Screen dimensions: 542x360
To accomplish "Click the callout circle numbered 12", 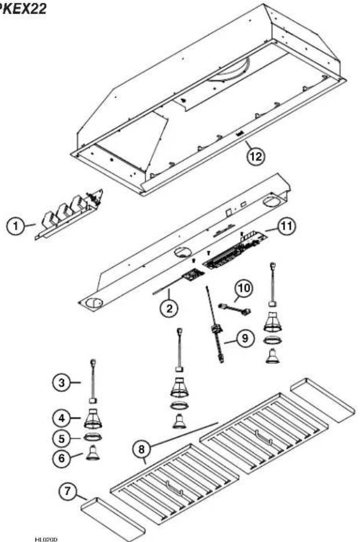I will click(252, 155).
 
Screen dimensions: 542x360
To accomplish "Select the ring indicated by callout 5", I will click(91, 437).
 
